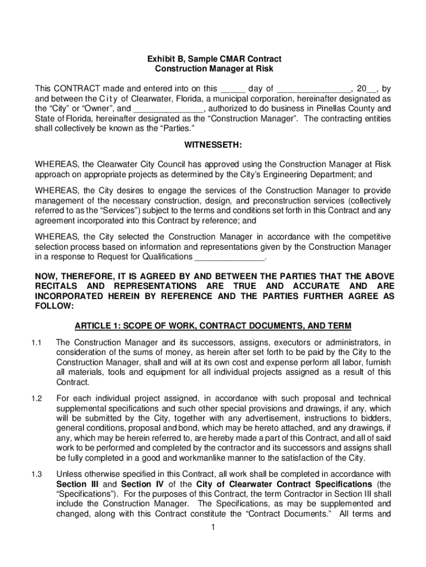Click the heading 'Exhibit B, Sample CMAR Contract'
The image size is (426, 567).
(x=214, y=59)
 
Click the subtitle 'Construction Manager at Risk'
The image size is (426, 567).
(x=214, y=69)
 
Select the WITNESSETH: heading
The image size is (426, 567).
(x=214, y=145)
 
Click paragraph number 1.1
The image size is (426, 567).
(x=37, y=342)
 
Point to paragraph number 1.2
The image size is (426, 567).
(x=37, y=399)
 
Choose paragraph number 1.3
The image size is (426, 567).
(x=37, y=474)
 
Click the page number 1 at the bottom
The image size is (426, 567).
(x=213, y=527)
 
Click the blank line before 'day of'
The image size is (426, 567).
(x=232, y=89)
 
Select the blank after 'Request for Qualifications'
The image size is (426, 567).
(x=230, y=257)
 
